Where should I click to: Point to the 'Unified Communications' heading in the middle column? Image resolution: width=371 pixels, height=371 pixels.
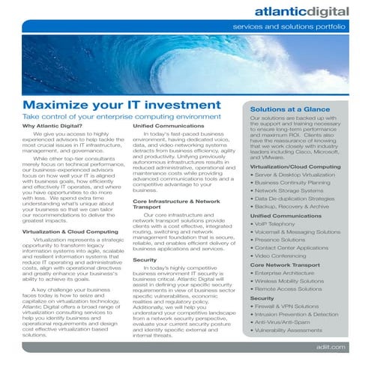coord(169,127)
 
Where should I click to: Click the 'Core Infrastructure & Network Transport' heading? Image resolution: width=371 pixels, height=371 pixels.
coord(176,205)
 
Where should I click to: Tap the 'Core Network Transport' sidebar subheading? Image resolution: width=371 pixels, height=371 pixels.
coord(286,265)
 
